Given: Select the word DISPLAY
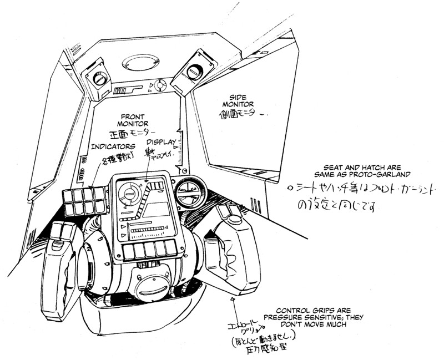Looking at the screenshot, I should click(x=161, y=142).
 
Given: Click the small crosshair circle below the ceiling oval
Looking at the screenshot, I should click(x=160, y=85).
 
